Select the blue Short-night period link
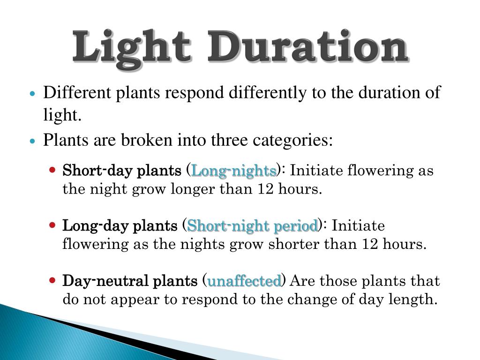[x=252, y=226]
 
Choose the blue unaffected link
[x=244, y=282]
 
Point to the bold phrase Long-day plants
[x=120, y=226]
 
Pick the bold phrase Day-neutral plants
[x=130, y=282]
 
